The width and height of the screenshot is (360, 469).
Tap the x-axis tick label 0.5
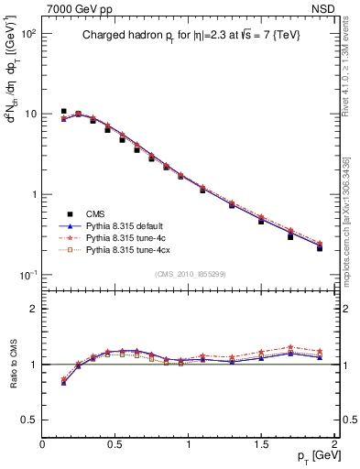[x=115, y=444]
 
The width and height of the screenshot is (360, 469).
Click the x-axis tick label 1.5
[x=261, y=444]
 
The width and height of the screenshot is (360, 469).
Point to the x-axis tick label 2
[x=334, y=444]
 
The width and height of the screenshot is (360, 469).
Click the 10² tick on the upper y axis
[x=28, y=33]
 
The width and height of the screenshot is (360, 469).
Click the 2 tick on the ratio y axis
[x=33, y=309]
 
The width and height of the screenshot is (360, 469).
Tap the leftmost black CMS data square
[x=63, y=112]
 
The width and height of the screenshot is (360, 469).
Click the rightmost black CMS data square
[x=320, y=248]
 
